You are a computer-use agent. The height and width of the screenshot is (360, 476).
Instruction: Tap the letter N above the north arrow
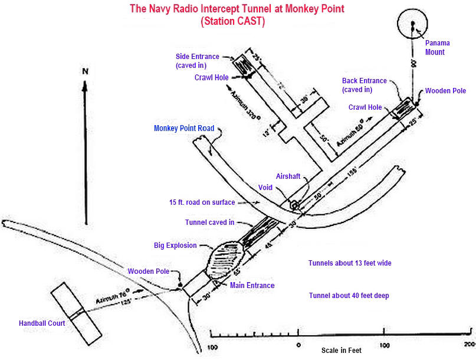pyautogui.click(x=86, y=71)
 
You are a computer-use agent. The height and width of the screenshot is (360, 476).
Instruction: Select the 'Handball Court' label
pyautogui.click(x=42, y=323)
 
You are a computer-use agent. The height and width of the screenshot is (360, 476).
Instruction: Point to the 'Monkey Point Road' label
pyautogui.click(x=183, y=128)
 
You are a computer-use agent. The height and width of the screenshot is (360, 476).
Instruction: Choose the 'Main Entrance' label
pyautogui.click(x=252, y=286)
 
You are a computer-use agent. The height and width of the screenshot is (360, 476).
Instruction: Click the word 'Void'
pyautogui.click(x=266, y=187)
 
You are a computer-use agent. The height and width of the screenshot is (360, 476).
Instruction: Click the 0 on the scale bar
pyautogui.click(x=299, y=345)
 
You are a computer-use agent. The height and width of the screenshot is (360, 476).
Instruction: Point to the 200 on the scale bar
pyautogui.click(x=469, y=345)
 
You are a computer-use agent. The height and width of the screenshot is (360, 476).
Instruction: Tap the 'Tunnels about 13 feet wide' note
pyautogui.click(x=350, y=263)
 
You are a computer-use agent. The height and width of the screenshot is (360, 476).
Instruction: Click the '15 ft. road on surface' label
pyautogui.click(x=202, y=202)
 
